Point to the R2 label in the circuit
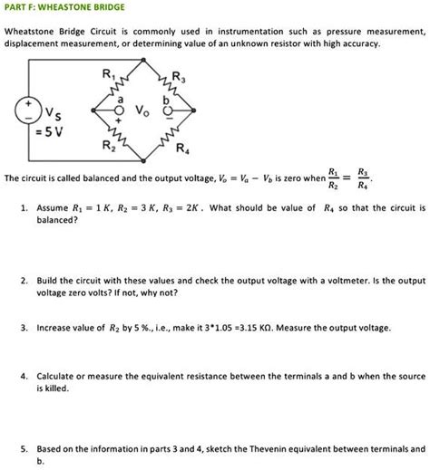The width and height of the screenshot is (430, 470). pyautogui.click(x=108, y=146)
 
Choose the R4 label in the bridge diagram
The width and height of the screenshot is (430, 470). pyautogui.click(x=182, y=149)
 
